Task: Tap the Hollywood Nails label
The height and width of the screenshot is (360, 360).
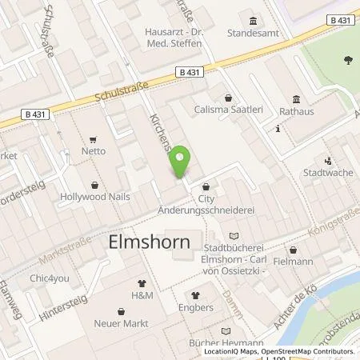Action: pos(94,195)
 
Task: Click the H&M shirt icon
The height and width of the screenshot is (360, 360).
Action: pos(142,282)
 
